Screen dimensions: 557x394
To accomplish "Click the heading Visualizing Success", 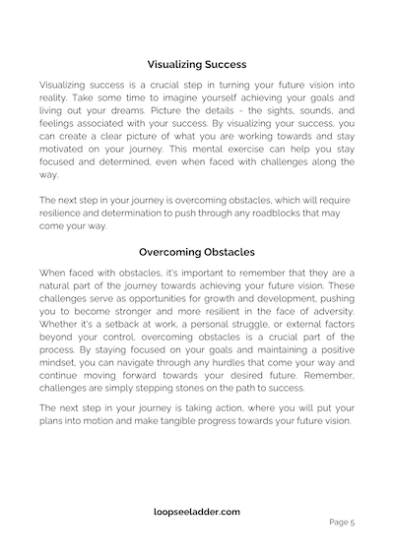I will (x=197, y=66).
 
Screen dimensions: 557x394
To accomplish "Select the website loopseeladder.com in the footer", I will (x=197, y=513).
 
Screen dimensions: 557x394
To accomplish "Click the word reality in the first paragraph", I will (x=57, y=114).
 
